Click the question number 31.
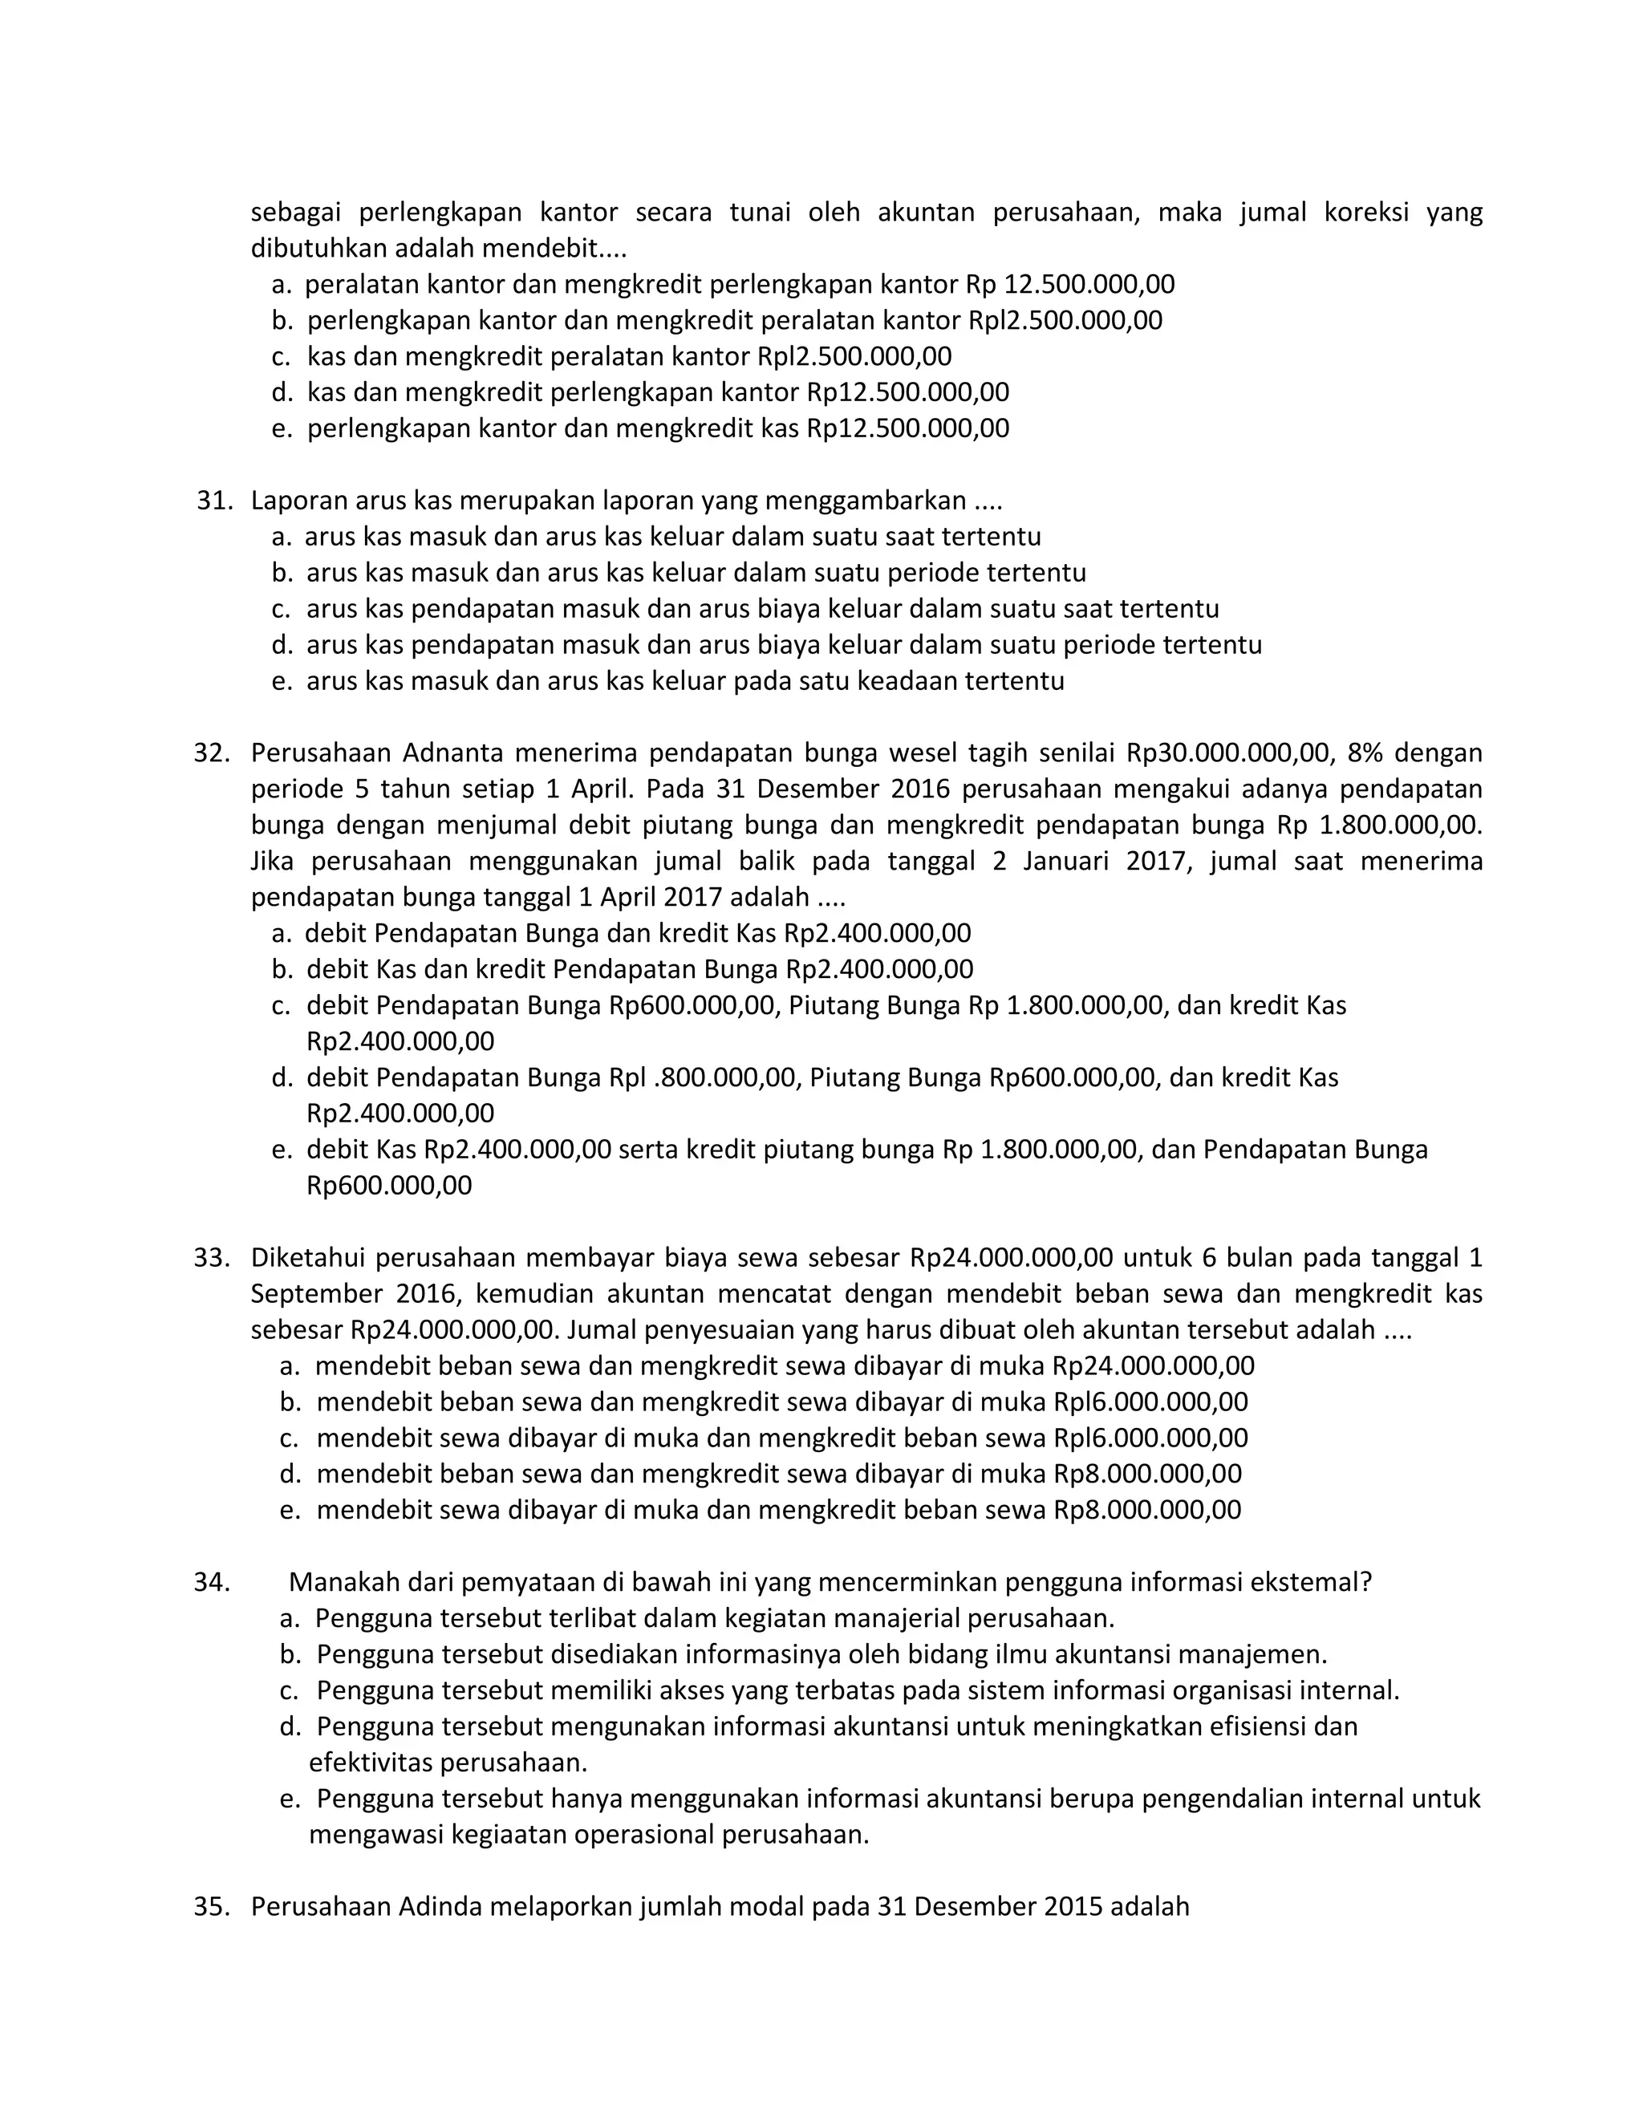pyautogui.click(x=214, y=501)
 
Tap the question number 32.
pyautogui.click(x=212, y=753)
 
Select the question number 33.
pyautogui.click(x=212, y=1258)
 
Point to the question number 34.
pyautogui.click(x=212, y=1582)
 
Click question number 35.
pyautogui.click(x=212, y=1906)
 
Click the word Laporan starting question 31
pyautogui.click(x=298, y=501)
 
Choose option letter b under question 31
pyautogui.click(x=282, y=572)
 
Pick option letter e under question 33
pyautogui.click(x=288, y=1510)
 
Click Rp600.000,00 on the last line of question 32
pyautogui.click(x=389, y=1186)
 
